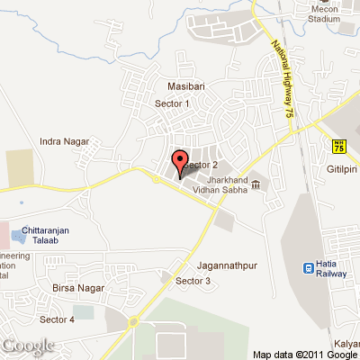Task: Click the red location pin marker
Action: [179, 163]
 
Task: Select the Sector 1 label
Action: [175, 103]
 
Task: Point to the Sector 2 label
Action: [203, 166]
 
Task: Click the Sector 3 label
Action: [193, 282]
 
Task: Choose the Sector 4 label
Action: [57, 319]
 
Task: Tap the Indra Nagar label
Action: [61, 141]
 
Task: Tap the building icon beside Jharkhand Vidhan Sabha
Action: [256, 185]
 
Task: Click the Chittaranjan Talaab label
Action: [45, 231]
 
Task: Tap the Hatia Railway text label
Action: [337, 266]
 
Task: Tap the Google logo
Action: [28, 346]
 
